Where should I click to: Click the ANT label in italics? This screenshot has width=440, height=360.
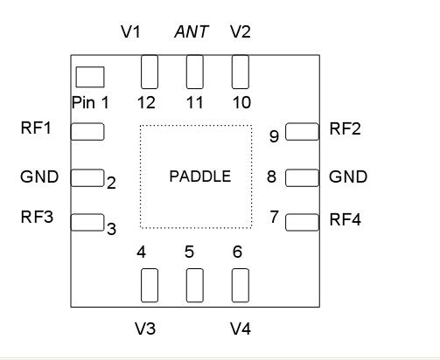click(x=192, y=32)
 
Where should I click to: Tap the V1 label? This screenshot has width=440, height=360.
click(x=130, y=32)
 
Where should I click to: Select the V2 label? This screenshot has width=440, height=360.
click(x=240, y=32)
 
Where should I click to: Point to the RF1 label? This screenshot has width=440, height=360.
click(x=36, y=128)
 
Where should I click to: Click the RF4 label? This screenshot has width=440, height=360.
click(x=345, y=219)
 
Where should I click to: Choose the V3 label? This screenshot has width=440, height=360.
click(x=145, y=329)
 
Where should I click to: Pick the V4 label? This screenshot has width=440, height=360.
click(x=241, y=329)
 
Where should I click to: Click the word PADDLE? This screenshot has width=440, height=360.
click(x=199, y=177)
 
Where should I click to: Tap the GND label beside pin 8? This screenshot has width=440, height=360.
click(x=347, y=177)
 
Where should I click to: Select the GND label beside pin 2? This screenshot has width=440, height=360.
click(x=39, y=177)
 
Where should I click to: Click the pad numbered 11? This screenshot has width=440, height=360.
click(x=194, y=72)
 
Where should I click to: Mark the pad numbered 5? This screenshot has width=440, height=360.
click(x=194, y=285)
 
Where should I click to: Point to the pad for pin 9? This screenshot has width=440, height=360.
click(x=302, y=131)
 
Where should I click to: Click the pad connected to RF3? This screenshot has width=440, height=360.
click(x=87, y=222)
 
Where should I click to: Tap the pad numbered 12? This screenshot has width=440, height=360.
click(x=150, y=72)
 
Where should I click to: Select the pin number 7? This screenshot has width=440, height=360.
click(x=274, y=217)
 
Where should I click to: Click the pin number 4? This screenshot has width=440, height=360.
click(x=141, y=253)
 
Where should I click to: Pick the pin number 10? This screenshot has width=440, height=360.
click(x=241, y=102)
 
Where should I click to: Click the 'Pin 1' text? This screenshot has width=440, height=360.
click(x=90, y=102)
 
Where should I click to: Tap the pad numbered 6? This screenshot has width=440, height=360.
click(x=240, y=285)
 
